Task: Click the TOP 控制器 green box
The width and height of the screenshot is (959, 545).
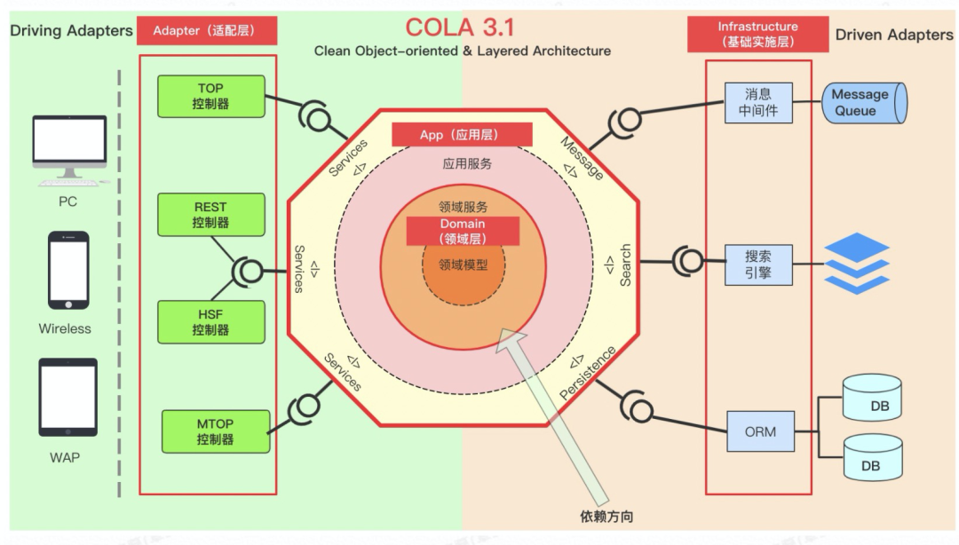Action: (x=210, y=96)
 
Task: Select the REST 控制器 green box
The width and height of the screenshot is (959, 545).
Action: (x=210, y=215)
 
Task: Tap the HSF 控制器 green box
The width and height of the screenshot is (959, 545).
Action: (x=210, y=322)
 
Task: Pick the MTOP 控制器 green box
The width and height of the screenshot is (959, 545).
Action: (x=214, y=431)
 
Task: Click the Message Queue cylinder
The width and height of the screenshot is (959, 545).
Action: (x=859, y=103)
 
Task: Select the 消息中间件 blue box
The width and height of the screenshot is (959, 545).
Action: (x=757, y=103)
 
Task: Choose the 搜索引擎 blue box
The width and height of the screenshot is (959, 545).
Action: (x=757, y=265)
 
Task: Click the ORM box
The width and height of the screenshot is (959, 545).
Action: (x=759, y=432)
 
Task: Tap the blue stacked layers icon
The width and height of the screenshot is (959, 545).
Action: (x=857, y=263)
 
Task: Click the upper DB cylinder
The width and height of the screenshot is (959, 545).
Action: (x=871, y=399)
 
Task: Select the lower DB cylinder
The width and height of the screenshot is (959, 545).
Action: (x=871, y=457)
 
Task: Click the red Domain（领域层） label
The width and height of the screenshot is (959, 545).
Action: (x=463, y=231)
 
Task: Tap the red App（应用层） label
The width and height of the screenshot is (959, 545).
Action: (x=462, y=135)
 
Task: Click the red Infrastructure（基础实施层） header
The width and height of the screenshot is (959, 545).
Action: (x=757, y=34)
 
